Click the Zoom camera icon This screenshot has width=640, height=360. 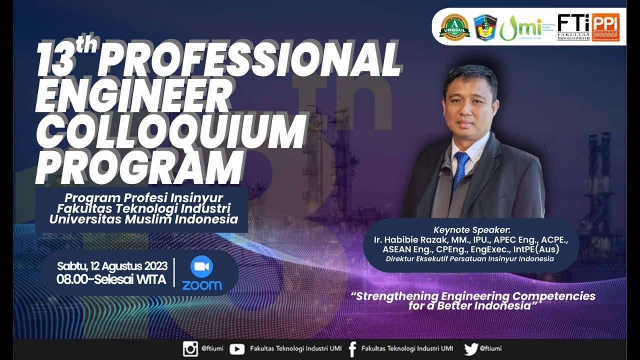coord(201,267)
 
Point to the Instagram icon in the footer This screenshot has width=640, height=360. coord(190,348)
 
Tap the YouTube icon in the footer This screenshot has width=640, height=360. coord(236,348)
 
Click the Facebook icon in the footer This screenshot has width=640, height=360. coord(352,348)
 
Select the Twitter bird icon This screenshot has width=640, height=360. coord(470,348)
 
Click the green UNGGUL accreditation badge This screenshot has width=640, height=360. coord(454,27)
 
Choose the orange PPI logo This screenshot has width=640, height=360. coord(605,27)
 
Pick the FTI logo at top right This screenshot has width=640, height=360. coord(573,27)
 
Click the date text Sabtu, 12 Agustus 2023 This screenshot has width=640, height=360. coord(112,266)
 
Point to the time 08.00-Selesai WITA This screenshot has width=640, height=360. coord(111,279)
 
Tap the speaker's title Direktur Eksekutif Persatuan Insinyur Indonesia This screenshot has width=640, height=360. coord(469,259)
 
